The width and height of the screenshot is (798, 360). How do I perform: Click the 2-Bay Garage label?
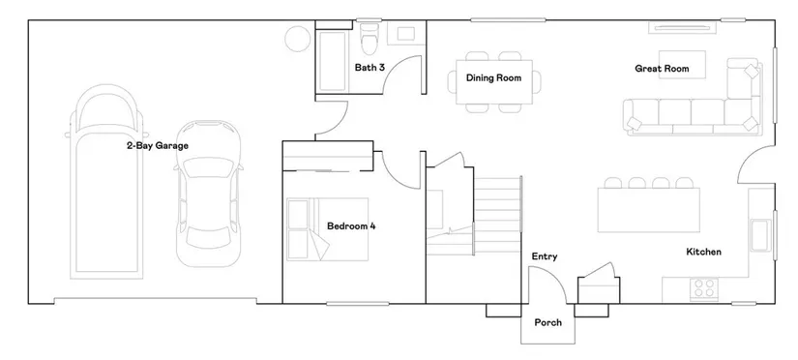click(x=158, y=145)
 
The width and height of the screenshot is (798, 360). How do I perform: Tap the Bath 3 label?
click(x=369, y=67)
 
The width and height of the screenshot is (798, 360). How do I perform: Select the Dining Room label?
click(x=493, y=78)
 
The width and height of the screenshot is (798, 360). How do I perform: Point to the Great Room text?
click(x=662, y=69)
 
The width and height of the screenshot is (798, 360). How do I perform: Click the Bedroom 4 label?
click(x=351, y=226)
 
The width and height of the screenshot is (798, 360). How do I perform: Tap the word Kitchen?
click(x=703, y=252)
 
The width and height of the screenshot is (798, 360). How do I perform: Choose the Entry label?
click(x=544, y=256)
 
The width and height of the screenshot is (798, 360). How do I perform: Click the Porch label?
click(x=548, y=322)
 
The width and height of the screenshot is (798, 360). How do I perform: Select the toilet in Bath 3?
click(x=368, y=38)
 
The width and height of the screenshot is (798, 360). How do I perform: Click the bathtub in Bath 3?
click(x=334, y=60)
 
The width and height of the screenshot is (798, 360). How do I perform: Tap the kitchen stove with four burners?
click(x=704, y=288)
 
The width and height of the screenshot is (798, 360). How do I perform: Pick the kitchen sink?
click(x=760, y=235)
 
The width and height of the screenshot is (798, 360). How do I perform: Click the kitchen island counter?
click(x=648, y=210)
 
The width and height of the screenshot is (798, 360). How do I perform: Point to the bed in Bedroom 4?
click(x=327, y=229)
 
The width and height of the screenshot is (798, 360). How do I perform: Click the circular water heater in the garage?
click(x=298, y=38)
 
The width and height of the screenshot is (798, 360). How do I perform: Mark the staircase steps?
click(x=498, y=215)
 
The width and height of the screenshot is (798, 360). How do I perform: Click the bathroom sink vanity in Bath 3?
click(x=405, y=34)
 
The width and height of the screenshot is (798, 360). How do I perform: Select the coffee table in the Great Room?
click(x=683, y=64)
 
